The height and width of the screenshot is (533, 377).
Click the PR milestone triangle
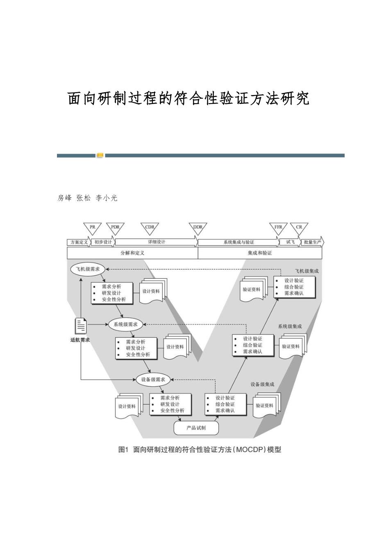[x=93, y=228]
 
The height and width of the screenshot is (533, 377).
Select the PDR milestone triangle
[x=115, y=228]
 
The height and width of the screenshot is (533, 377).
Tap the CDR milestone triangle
[x=150, y=228]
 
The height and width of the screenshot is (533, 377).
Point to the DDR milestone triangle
[x=198, y=228]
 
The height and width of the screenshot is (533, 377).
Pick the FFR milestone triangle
[x=278, y=228]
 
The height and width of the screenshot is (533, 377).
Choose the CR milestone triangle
[x=299, y=228]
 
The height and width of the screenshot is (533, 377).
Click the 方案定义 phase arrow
[x=79, y=242]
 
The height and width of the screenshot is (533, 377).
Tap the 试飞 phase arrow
[x=290, y=242]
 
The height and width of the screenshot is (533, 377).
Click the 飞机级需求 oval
[x=88, y=269]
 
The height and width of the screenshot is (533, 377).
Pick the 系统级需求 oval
[x=125, y=325]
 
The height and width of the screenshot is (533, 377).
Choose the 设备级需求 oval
[x=153, y=379]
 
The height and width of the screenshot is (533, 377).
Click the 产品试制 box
[x=196, y=428]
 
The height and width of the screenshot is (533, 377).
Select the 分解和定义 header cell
[x=132, y=253]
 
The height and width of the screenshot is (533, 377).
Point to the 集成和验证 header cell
[x=260, y=253]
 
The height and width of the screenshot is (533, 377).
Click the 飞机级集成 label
[x=307, y=271]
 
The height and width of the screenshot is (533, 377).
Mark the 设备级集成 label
[x=262, y=384]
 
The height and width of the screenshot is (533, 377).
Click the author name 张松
[x=84, y=198]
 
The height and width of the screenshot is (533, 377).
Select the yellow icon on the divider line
[x=100, y=156]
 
